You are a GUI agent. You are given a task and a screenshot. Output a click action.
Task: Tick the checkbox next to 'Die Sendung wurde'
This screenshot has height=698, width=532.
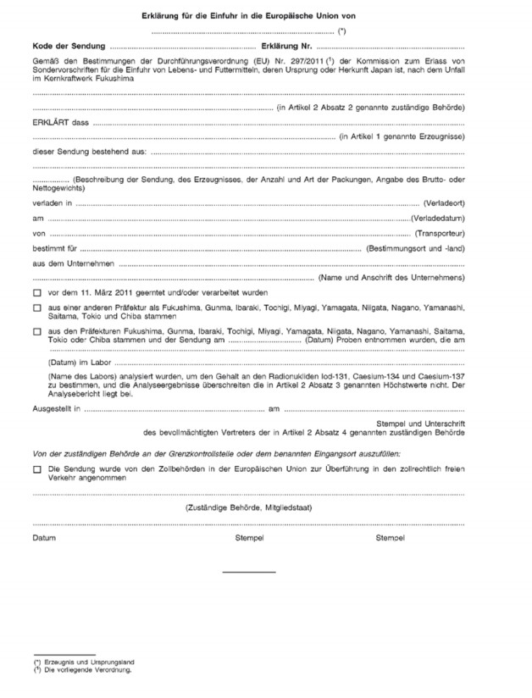point(37,468)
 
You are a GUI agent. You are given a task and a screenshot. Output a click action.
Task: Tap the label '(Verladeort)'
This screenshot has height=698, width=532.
point(443,204)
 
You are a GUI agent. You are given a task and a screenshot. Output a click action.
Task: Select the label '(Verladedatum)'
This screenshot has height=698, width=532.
point(438,219)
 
